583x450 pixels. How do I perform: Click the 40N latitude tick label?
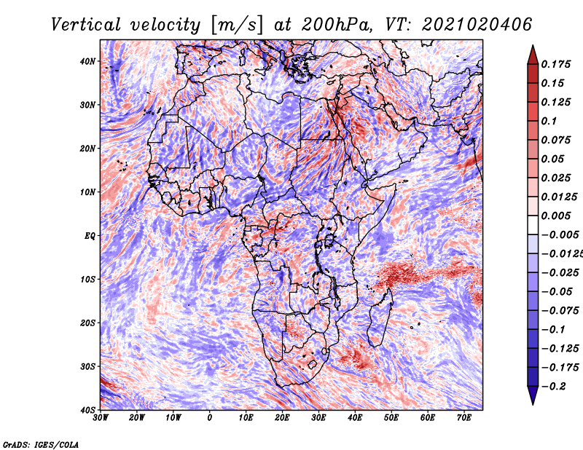[x=87, y=61]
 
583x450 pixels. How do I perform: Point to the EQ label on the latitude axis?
[x=90, y=236]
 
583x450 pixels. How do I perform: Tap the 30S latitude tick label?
[x=87, y=367]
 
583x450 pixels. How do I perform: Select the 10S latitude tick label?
[x=87, y=280]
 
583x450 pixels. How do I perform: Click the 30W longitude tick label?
[x=101, y=418]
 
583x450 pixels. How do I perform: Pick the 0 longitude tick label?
[x=210, y=418]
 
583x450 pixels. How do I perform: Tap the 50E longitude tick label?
[x=391, y=418]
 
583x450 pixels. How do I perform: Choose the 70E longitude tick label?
[x=464, y=418]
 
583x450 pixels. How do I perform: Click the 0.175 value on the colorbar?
[x=555, y=65]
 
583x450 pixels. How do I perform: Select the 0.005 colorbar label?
[x=555, y=216]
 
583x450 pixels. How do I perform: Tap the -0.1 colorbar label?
[x=553, y=330]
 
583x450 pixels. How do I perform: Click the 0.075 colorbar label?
[x=555, y=140]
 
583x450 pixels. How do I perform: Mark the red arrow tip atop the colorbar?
[x=533, y=46]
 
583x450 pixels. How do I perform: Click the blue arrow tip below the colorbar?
[x=533, y=403]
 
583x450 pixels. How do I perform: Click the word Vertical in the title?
[x=86, y=25]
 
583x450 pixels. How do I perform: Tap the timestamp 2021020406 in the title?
[x=477, y=25]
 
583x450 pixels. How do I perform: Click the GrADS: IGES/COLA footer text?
[x=41, y=444]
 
